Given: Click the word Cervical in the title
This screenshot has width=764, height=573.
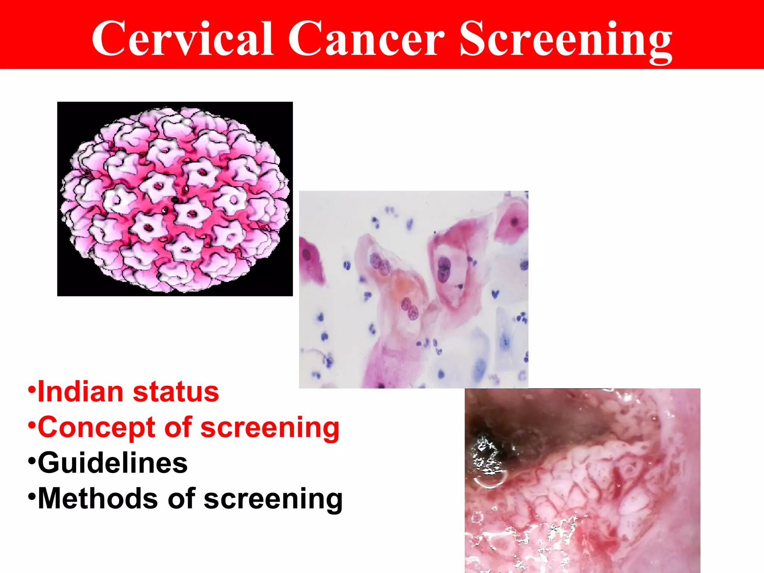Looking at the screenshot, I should click(183, 39).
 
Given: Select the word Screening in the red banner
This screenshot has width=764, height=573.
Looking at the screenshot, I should click(566, 40).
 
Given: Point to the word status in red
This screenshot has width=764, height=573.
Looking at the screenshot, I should click(176, 392).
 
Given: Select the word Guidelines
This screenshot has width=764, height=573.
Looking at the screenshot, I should click(113, 463).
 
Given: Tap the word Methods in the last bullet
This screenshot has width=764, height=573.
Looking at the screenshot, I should click(98, 498).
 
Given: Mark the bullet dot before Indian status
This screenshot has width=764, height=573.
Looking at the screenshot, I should click(32, 390).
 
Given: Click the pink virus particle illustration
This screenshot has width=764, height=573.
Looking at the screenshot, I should click(175, 199).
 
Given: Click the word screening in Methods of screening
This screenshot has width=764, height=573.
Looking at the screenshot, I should click(273, 499).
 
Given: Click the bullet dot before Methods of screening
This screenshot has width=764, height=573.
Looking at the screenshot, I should click(32, 497).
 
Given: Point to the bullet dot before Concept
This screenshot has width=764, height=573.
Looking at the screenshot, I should click(32, 425).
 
